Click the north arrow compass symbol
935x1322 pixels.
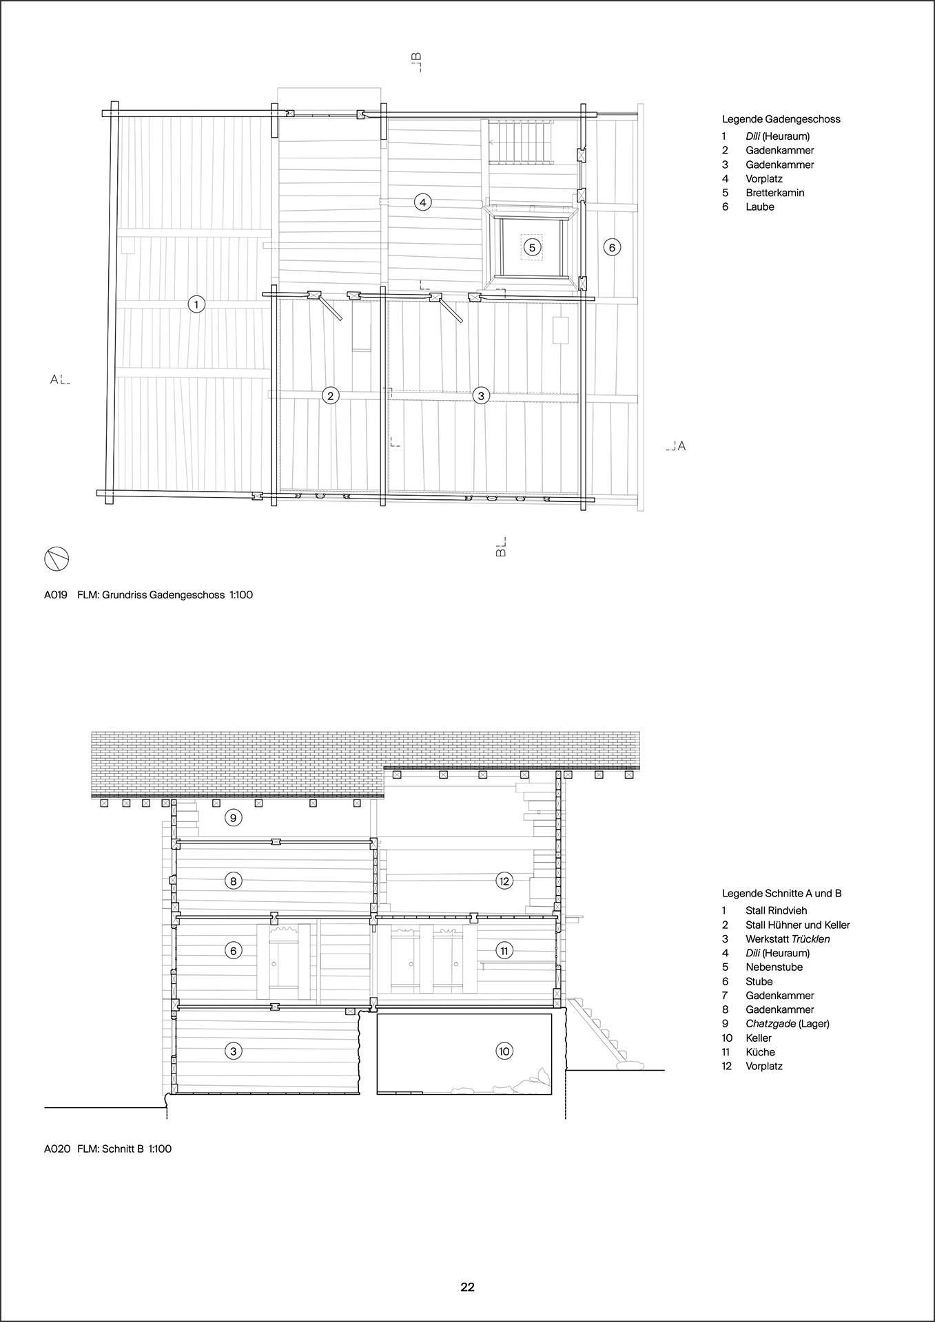tap(56, 559)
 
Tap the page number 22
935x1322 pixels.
tap(468, 1287)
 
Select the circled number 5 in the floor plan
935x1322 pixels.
tap(531, 246)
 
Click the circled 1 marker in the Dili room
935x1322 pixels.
tap(196, 304)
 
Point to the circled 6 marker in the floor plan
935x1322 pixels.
tap(612, 246)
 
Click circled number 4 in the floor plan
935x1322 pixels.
tap(422, 202)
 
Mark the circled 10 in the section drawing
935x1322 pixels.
tap(504, 1051)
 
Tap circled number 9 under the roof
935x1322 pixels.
tap(234, 817)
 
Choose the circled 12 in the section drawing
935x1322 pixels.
tap(504, 880)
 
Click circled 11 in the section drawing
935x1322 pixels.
tap(504, 950)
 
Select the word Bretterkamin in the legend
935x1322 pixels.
tap(774, 193)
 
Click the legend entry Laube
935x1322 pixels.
tap(760, 207)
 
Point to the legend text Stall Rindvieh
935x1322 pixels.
tap(776, 910)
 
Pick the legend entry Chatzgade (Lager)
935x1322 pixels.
tap(788, 1024)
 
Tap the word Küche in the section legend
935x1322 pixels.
tap(760, 1052)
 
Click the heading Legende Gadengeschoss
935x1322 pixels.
tap(781, 119)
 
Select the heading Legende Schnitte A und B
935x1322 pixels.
tap(782, 894)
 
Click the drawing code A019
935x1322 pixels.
tap(55, 594)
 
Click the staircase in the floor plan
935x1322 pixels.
tap(521, 142)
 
